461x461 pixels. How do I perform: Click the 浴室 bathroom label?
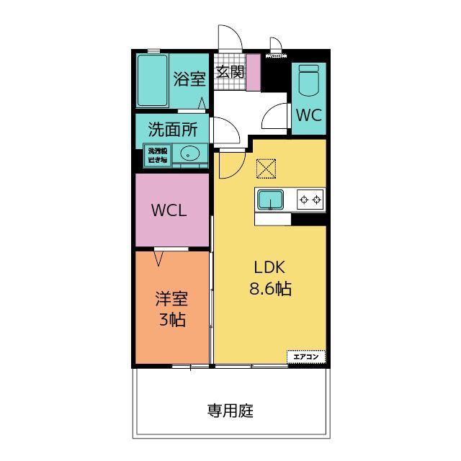(x=189, y=79)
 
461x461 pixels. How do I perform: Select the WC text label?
(x=308, y=115)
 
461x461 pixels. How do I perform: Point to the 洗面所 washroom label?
(x=173, y=130)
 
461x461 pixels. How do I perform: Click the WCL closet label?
(x=169, y=211)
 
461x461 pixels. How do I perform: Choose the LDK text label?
(x=270, y=267)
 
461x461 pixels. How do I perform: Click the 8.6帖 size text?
(x=270, y=290)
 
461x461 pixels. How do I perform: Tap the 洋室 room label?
(x=171, y=297)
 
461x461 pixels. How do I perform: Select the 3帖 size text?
(x=171, y=321)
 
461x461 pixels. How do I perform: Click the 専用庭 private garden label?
(x=230, y=412)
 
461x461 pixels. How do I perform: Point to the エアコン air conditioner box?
(x=306, y=356)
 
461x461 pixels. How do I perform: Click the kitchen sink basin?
(x=271, y=199)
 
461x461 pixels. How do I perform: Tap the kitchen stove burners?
(x=310, y=200)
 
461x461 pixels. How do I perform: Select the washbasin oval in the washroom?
(x=190, y=153)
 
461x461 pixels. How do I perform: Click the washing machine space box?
(x=157, y=154)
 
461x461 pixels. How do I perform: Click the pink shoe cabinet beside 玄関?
(x=252, y=73)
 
